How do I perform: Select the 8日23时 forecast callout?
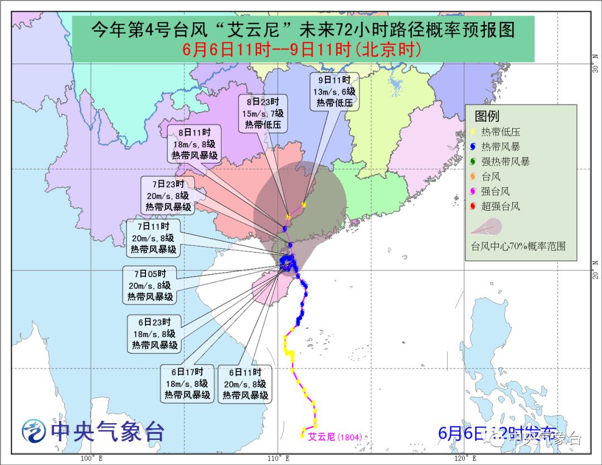pos(264,114)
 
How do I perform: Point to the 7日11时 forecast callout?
pos(153,238)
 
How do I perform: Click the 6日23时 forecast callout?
pos(154,333)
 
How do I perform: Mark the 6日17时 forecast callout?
pos(187,384)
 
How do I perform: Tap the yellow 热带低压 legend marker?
pos(473,132)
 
